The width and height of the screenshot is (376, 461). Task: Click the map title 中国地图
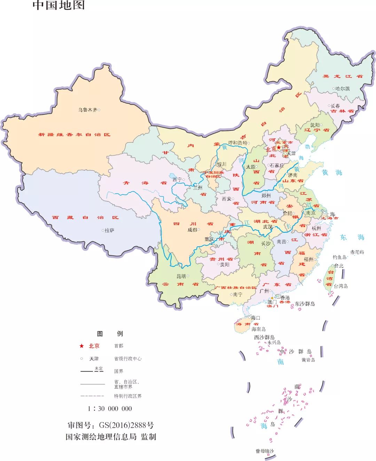pos(58,5)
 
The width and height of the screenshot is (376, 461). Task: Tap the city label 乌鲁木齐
pos(87,110)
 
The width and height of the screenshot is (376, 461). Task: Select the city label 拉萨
pos(109,230)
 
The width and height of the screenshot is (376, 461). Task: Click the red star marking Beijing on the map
pos(279,148)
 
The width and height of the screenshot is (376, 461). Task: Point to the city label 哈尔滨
pos(343,89)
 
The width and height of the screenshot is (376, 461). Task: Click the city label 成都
pos(192,230)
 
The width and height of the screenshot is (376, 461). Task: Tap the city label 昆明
pos(181,276)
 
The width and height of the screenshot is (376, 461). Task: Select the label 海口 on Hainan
pos(256,318)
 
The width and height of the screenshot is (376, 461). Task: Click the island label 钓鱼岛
pos(339,257)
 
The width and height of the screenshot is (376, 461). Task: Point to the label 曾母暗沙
pos(265,451)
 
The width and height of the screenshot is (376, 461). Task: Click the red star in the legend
pos(81,346)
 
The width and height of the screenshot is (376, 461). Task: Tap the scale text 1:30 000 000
pos(110,408)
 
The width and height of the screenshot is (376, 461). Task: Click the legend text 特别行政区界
pos(128,396)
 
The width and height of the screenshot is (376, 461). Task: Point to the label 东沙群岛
pos(305,304)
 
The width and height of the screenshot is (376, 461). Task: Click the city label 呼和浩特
pos(237,143)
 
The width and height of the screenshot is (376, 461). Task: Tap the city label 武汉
pos(268,227)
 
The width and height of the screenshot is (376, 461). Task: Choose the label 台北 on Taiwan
pos(339,266)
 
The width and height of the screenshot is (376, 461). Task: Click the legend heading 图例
pos(110,334)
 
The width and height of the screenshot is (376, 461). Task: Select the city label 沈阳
pos(315,125)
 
